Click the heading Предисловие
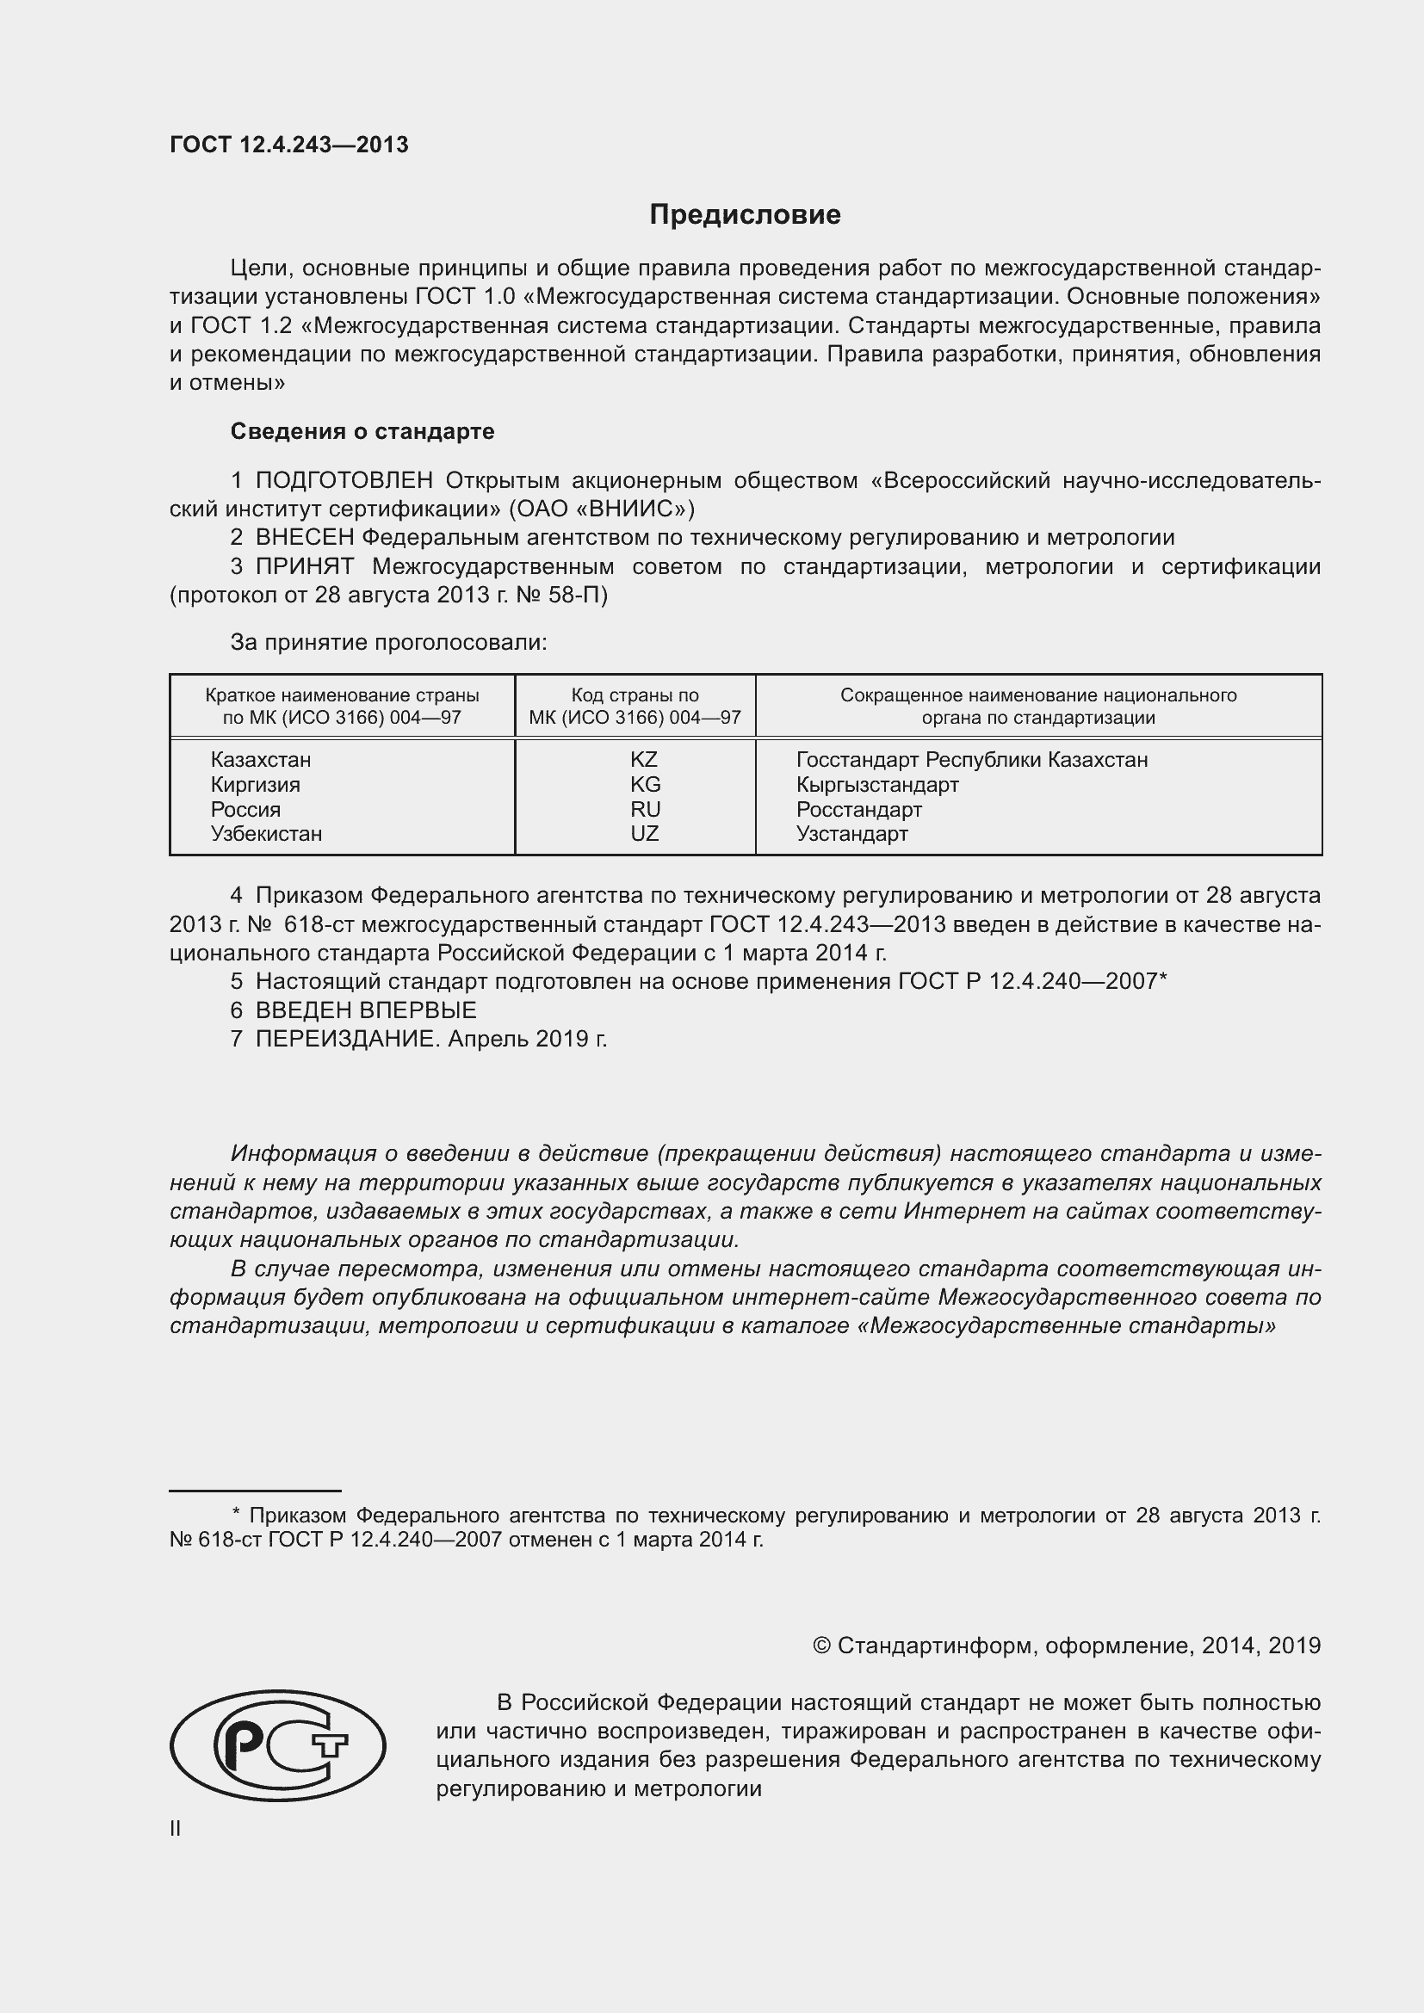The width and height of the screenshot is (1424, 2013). pyautogui.click(x=745, y=215)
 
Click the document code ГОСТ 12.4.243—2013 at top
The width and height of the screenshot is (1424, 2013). pyautogui.click(x=288, y=145)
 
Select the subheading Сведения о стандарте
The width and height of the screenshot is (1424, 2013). pyautogui.click(x=362, y=431)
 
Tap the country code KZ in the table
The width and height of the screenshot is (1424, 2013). pyautogui.click(x=644, y=759)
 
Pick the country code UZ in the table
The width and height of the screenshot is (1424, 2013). pyautogui.click(x=644, y=834)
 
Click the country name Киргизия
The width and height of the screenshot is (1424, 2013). pyautogui.click(x=255, y=785)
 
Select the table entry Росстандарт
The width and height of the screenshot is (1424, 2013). pyautogui.click(x=858, y=809)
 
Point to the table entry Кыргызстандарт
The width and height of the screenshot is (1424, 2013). pyautogui.click(x=876, y=785)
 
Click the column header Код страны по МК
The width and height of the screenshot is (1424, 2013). pyautogui.click(x=635, y=707)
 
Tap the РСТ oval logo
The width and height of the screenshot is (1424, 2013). pyautogui.click(x=277, y=1744)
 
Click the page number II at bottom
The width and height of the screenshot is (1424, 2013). pyautogui.click(x=176, y=1829)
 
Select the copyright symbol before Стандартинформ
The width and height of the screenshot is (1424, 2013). pyautogui.click(x=821, y=1646)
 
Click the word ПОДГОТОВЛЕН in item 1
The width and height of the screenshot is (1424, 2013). pyautogui.click(x=344, y=480)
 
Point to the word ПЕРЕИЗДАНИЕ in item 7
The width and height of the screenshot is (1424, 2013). pyautogui.click(x=345, y=1039)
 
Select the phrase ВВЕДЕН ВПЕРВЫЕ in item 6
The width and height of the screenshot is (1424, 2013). pyautogui.click(x=366, y=1010)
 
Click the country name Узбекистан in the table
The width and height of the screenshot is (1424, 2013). pyautogui.click(x=266, y=834)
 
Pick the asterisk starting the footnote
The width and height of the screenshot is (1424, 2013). pyautogui.click(x=236, y=1512)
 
